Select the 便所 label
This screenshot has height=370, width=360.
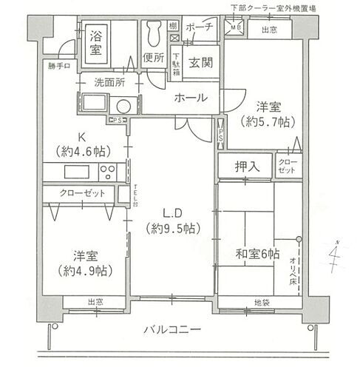154,57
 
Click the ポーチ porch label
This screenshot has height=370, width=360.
200,27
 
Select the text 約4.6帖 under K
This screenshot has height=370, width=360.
83,151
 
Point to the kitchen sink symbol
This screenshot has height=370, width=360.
76,172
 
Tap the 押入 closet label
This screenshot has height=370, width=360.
247,166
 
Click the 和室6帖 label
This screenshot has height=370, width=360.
258,255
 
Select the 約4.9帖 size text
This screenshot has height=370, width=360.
85,272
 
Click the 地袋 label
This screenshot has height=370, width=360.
262,303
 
